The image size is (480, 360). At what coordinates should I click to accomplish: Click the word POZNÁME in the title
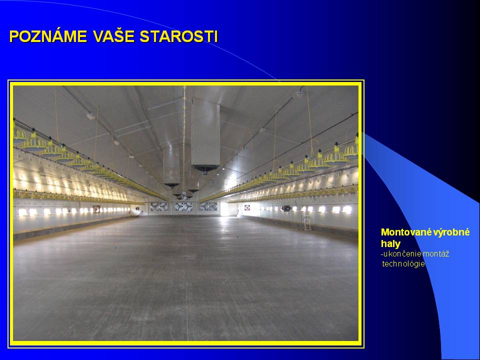[x=48, y=36]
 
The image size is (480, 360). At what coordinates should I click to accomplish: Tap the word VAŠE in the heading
[x=114, y=36]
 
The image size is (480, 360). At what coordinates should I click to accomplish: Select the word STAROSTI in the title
[x=179, y=36]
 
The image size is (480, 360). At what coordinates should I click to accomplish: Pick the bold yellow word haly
[x=390, y=243]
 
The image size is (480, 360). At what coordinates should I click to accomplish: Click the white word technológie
[x=403, y=264]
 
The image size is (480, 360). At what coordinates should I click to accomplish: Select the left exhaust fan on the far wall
[x=159, y=206]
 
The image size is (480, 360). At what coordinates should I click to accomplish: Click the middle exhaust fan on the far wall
[x=183, y=206]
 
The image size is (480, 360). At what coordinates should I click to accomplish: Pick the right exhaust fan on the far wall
[x=209, y=206]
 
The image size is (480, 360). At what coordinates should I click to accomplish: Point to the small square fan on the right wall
[x=247, y=207]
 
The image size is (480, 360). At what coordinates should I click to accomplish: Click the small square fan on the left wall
[x=96, y=209]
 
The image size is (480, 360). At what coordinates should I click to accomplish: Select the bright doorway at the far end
[x=224, y=209]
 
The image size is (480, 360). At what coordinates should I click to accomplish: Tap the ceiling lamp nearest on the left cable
[x=90, y=116]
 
